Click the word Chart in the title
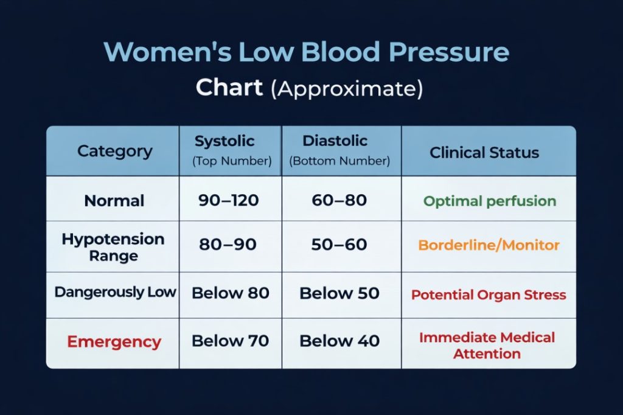pos(229,88)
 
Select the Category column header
pos(114,151)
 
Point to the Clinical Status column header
pos(484,152)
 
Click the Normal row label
pos(114,201)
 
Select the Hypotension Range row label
pos(113,246)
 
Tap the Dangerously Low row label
pos(115,292)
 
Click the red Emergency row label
pos(114,341)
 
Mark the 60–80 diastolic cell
pos(339,200)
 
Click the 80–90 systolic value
pos(228,245)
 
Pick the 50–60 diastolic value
pos(339,245)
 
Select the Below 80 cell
pos(231,293)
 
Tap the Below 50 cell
pos(339,293)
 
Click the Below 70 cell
pos(231,341)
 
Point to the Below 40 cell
pos(339,341)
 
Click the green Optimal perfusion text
pos(490,201)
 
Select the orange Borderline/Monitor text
pos(489,245)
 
